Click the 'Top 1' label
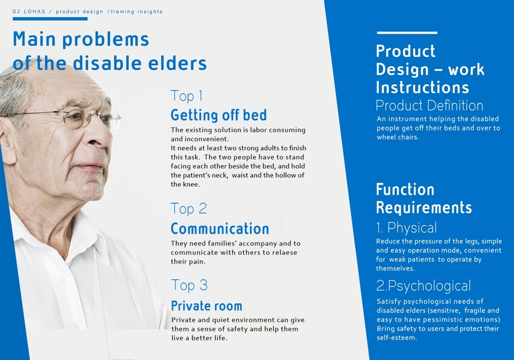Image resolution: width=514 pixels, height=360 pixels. [x=187, y=96]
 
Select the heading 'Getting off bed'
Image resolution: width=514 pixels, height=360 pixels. [x=218, y=115]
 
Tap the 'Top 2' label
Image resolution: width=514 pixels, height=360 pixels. [x=188, y=209]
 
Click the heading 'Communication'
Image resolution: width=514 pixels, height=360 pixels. [x=220, y=229]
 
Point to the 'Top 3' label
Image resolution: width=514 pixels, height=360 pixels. [x=189, y=285]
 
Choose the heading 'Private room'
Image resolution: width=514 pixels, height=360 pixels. [x=206, y=306]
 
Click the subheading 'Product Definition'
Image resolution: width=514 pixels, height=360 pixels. [x=429, y=105]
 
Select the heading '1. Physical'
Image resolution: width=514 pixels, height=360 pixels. [x=406, y=228]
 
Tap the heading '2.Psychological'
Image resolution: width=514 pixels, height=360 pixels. [x=423, y=286]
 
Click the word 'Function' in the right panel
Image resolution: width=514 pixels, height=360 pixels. [x=405, y=190]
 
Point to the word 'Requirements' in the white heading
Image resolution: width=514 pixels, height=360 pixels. [x=423, y=208]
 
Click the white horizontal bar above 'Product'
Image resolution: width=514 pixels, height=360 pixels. [x=407, y=33]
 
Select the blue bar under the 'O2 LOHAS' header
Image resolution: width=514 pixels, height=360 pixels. [x=50, y=19]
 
